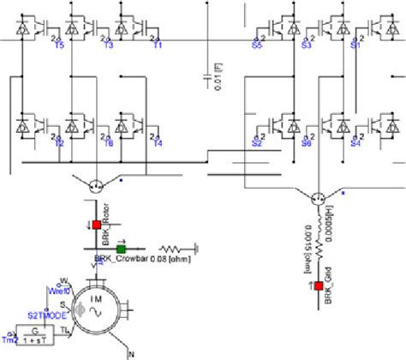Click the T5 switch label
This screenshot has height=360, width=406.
coord(60,45)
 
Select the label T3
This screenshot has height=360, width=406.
coord(109,45)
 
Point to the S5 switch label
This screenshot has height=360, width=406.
coord(257,45)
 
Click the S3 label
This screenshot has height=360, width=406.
coord(306,45)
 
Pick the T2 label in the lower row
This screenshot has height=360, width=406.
coord(60,143)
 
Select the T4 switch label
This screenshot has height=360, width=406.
coord(158,143)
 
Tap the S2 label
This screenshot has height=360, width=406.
coord(257,143)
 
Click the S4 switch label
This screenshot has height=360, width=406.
coord(355,143)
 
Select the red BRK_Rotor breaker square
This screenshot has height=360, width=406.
coord(96,226)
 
